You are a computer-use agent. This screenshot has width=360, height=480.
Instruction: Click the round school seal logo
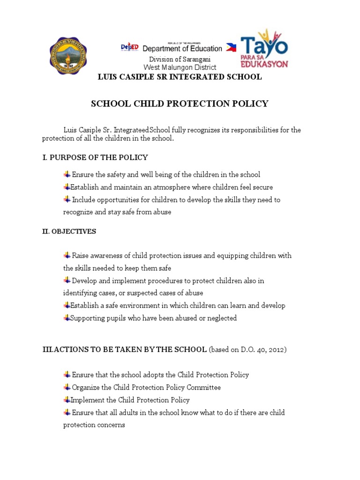coord(68,55)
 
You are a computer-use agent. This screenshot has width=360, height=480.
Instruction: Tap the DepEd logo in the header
coord(129,47)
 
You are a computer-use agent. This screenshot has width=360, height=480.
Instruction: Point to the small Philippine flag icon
coord(231,47)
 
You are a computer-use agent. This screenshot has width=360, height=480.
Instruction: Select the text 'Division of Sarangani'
coord(180,60)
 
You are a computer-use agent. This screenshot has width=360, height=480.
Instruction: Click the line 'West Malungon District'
coord(180,67)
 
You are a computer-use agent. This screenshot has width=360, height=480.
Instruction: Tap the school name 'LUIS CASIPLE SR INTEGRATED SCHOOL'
coord(180,77)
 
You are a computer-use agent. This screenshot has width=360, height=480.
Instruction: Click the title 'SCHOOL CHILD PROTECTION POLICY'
coord(180,104)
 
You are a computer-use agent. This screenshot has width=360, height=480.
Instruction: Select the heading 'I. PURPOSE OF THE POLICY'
coord(95,157)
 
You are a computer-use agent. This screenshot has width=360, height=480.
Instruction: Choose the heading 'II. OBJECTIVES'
coord(69,231)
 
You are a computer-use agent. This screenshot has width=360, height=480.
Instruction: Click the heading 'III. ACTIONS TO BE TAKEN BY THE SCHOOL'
coord(125,349)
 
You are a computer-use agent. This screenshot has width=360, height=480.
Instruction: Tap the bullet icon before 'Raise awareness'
coord(67,255)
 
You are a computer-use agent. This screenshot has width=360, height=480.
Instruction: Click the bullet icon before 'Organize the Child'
coord(67,387)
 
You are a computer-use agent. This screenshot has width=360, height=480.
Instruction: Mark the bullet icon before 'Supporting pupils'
coord(67,318)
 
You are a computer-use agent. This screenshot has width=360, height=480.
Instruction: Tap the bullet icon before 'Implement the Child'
coord(67,400)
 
